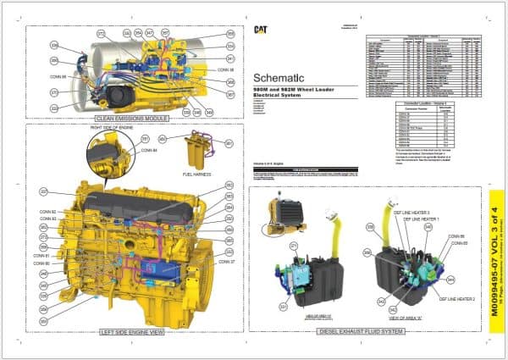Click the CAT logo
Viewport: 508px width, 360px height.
pos(262,30)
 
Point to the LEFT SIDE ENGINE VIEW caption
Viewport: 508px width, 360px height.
pos(130,331)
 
